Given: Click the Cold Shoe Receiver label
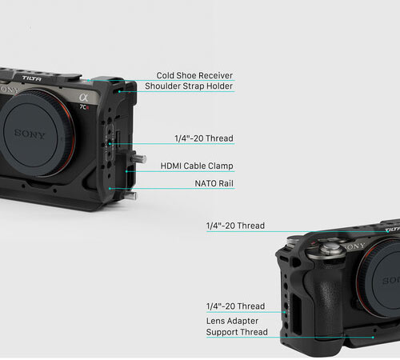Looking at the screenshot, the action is point(194,75).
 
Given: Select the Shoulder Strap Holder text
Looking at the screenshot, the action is point(189,86).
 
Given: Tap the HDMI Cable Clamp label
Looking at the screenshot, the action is point(197,166).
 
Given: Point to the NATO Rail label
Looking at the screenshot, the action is point(214,183).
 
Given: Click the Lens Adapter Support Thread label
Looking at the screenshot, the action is point(237,326).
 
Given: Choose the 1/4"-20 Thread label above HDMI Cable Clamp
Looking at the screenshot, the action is point(204,138).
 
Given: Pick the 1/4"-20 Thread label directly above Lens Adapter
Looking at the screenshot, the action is point(235,306).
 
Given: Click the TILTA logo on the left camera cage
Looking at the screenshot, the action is point(32,78).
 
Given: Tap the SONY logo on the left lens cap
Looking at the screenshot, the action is point(30,134).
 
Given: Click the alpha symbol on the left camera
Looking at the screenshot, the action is point(83,98).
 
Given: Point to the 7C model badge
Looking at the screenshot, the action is point(84,107).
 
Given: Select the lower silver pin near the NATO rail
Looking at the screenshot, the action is point(131,195).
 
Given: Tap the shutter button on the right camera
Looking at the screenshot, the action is point(330,248).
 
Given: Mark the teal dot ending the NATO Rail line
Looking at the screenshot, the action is point(110,189).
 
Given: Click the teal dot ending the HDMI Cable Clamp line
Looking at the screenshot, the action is point(126,171).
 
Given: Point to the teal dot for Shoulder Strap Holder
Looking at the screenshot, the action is point(119,91).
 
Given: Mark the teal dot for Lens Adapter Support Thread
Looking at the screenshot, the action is point(373,338).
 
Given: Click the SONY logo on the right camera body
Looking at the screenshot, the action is point(354,246).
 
